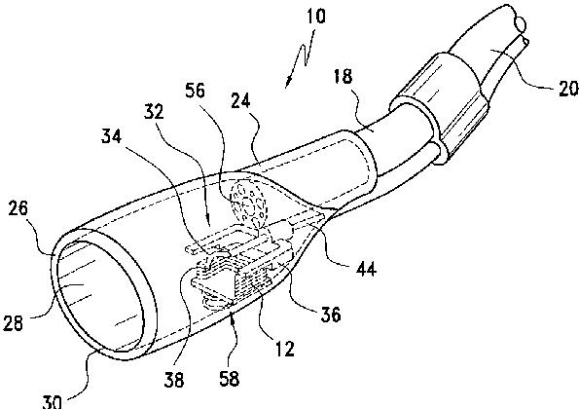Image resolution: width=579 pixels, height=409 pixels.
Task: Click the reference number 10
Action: [316, 17]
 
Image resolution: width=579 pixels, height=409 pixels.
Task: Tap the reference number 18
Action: [344, 77]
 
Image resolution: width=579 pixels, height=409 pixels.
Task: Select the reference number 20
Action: [568, 89]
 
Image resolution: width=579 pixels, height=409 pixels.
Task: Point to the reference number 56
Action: [195, 91]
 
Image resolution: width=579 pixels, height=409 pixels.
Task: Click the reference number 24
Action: [240, 100]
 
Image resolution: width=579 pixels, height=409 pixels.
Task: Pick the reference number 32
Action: [154, 112]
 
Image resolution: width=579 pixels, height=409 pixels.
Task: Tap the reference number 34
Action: [112, 136]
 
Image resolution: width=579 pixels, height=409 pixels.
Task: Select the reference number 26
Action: [18, 208]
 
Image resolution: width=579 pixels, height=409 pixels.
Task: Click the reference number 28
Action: [14, 323]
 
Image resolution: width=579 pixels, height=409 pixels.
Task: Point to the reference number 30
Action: [52, 401]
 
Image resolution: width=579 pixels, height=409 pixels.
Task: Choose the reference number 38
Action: [173, 379]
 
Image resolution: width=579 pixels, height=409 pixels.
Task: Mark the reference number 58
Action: [229, 379]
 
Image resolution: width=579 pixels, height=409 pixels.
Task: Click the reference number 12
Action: [284, 348]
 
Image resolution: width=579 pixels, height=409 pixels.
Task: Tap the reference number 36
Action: [331, 315]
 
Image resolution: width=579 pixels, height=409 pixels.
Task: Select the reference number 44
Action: [366, 268]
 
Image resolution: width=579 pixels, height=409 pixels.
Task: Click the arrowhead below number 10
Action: [288, 83]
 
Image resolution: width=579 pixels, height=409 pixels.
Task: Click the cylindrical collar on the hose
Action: [439, 108]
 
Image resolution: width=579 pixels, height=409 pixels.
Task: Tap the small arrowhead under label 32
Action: [208, 221]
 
